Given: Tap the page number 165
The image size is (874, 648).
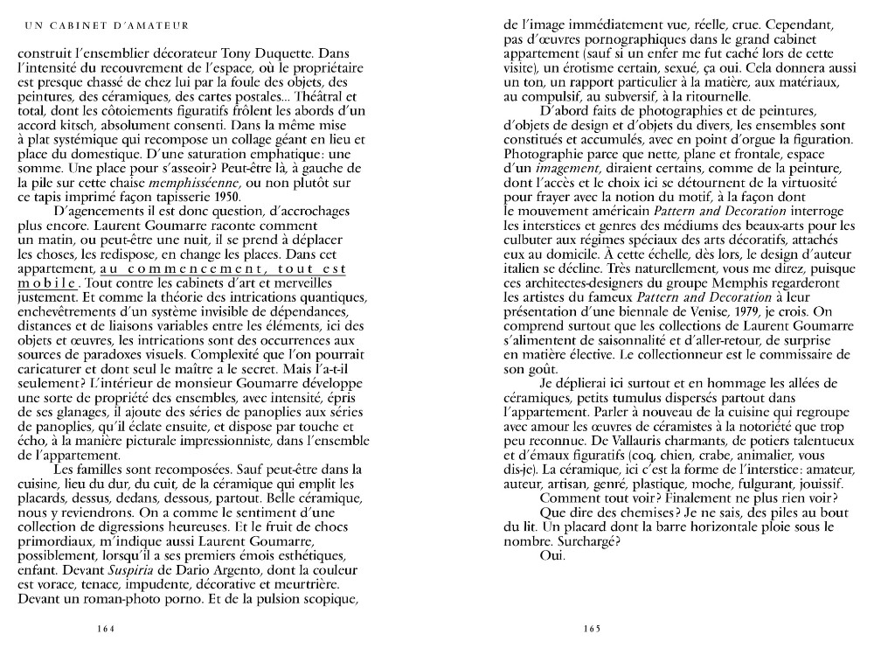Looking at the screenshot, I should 592,626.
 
